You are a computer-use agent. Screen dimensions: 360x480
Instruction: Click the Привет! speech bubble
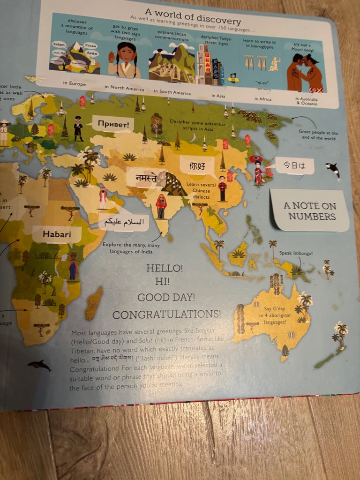coord(112,124)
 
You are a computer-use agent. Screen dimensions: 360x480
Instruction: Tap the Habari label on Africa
coord(56,233)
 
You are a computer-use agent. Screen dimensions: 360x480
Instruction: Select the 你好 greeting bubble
coord(197,165)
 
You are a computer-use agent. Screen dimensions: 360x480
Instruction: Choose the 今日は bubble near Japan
coord(294,166)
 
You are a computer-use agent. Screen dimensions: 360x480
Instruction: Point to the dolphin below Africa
coord(39,365)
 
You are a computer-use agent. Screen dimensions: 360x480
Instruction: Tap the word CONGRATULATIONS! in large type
coord(166,314)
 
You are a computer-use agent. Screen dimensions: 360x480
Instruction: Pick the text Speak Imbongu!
coord(295,253)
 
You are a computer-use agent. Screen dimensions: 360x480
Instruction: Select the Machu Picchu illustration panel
coord(172,63)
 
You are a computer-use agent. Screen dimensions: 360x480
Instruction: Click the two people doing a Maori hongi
coord(305,73)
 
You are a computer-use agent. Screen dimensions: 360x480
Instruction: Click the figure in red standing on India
coord(161,207)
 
